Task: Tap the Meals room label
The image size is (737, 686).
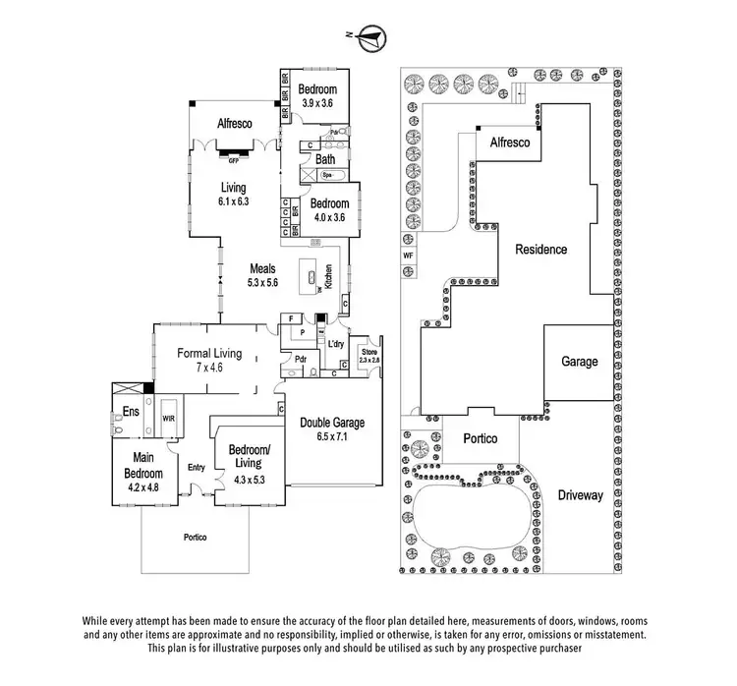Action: click(x=262, y=268)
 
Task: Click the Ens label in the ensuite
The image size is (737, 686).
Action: click(x=130, y=412)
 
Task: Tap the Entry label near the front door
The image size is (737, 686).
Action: click(x=197, y=467)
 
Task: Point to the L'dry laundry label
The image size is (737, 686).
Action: click(x=335, y=343)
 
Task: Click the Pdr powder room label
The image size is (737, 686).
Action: click(x=302, y=360)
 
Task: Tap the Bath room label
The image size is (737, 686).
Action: click(x=325, y=158)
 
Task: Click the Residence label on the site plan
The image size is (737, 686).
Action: click(x=541, y=250)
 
